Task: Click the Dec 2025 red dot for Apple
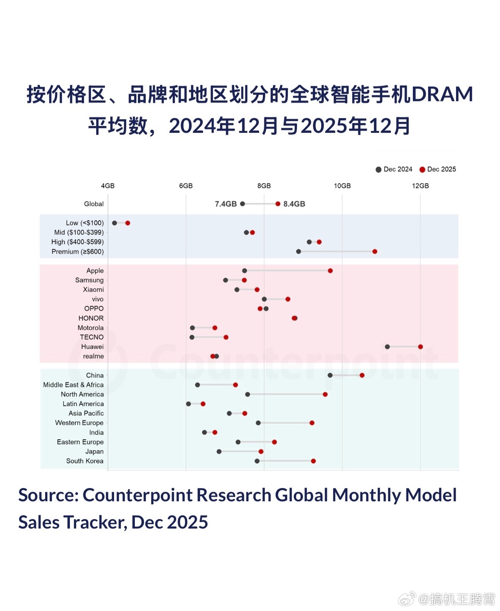coord(330,271)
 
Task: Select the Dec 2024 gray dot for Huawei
coord(387,347)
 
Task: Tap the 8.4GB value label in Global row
coord(294,204)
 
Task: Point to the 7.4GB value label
coord(226,204)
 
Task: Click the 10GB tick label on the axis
coord(342,186)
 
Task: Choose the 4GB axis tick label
coord(108,186)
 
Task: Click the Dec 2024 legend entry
coord(394,169)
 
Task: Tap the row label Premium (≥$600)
coord(78,252)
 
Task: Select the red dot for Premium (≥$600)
coord(375,252)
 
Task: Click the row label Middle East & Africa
coord(73,385)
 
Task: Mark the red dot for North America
coord(325,394)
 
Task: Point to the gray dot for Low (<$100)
coord(114,223)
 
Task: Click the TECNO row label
coord(92,337)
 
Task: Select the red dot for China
coord(362,375)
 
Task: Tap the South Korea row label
coord(85,461)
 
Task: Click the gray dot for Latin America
coord(189,404)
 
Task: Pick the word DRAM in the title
coord(442,94)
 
